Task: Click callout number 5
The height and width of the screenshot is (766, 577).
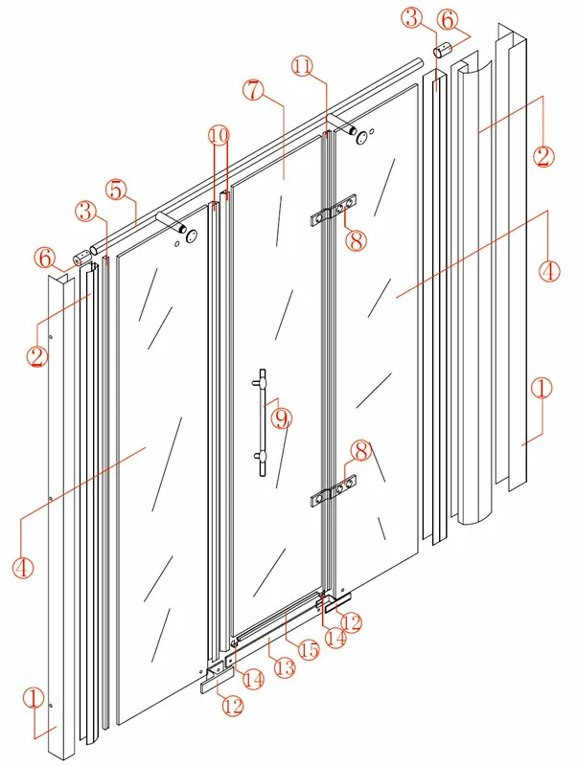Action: tap(115, 190)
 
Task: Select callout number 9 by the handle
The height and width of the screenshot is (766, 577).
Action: tap(282, 418)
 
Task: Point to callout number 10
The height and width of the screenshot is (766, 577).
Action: tap(219, 136)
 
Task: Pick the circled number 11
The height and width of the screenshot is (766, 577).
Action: tap(303, 66)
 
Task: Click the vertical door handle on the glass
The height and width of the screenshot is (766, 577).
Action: tap(259, 419)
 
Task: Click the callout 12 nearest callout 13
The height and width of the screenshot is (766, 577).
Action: tap(232, 706)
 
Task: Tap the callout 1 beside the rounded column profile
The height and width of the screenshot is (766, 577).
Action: tap(542, 389)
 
